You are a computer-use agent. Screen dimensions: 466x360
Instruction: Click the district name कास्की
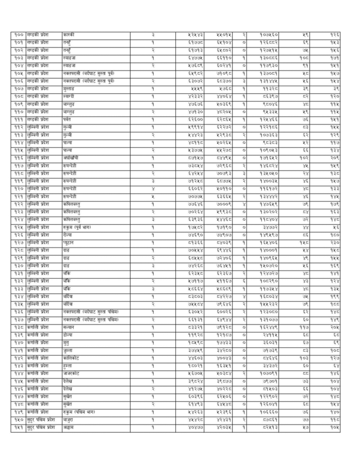(69, 35)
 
